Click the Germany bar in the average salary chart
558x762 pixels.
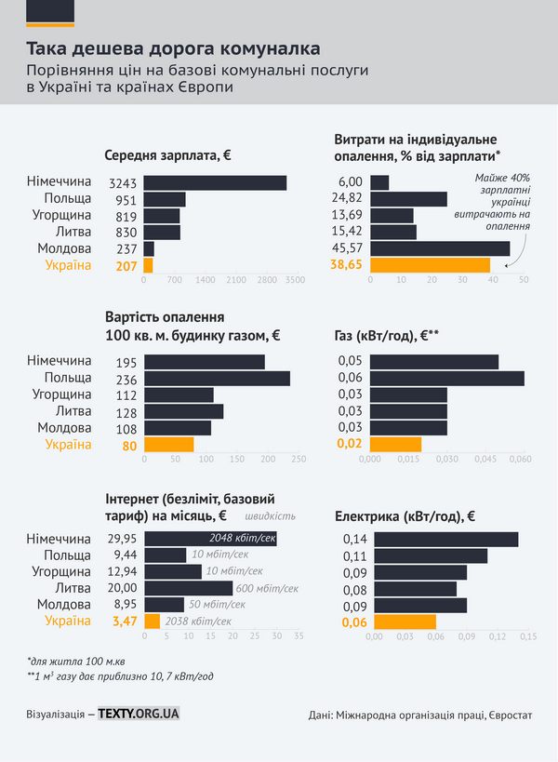pyautogui.click(x=215, y=182)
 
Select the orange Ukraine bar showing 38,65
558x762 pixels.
pyautogui.click(x=430, y=265)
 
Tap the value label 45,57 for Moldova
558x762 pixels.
pyautogui.click(x=350, y=248)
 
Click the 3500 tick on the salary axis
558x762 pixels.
pyautogui.click(x=296, y=279)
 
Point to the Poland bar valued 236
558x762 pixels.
pyautogui.click(x=217, y=378)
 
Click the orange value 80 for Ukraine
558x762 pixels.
pyautogui.click(x=128, y=445)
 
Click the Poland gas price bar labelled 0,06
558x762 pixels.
pyautogui.click(x=447, y=378)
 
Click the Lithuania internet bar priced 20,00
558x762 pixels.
pyautogui.click(x=188, y=588)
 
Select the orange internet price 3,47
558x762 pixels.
pyautogui.click(x=124, y=621)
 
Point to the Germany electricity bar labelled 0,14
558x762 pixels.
pyautogui.click(x=445, y=539)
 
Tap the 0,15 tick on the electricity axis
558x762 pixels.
pyautogui.click(x=527, y=636)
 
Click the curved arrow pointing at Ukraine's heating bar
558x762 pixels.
pyautogui.click(x=523, y=245)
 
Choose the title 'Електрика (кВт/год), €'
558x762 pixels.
pyautogui.click(x=404, y=515)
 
